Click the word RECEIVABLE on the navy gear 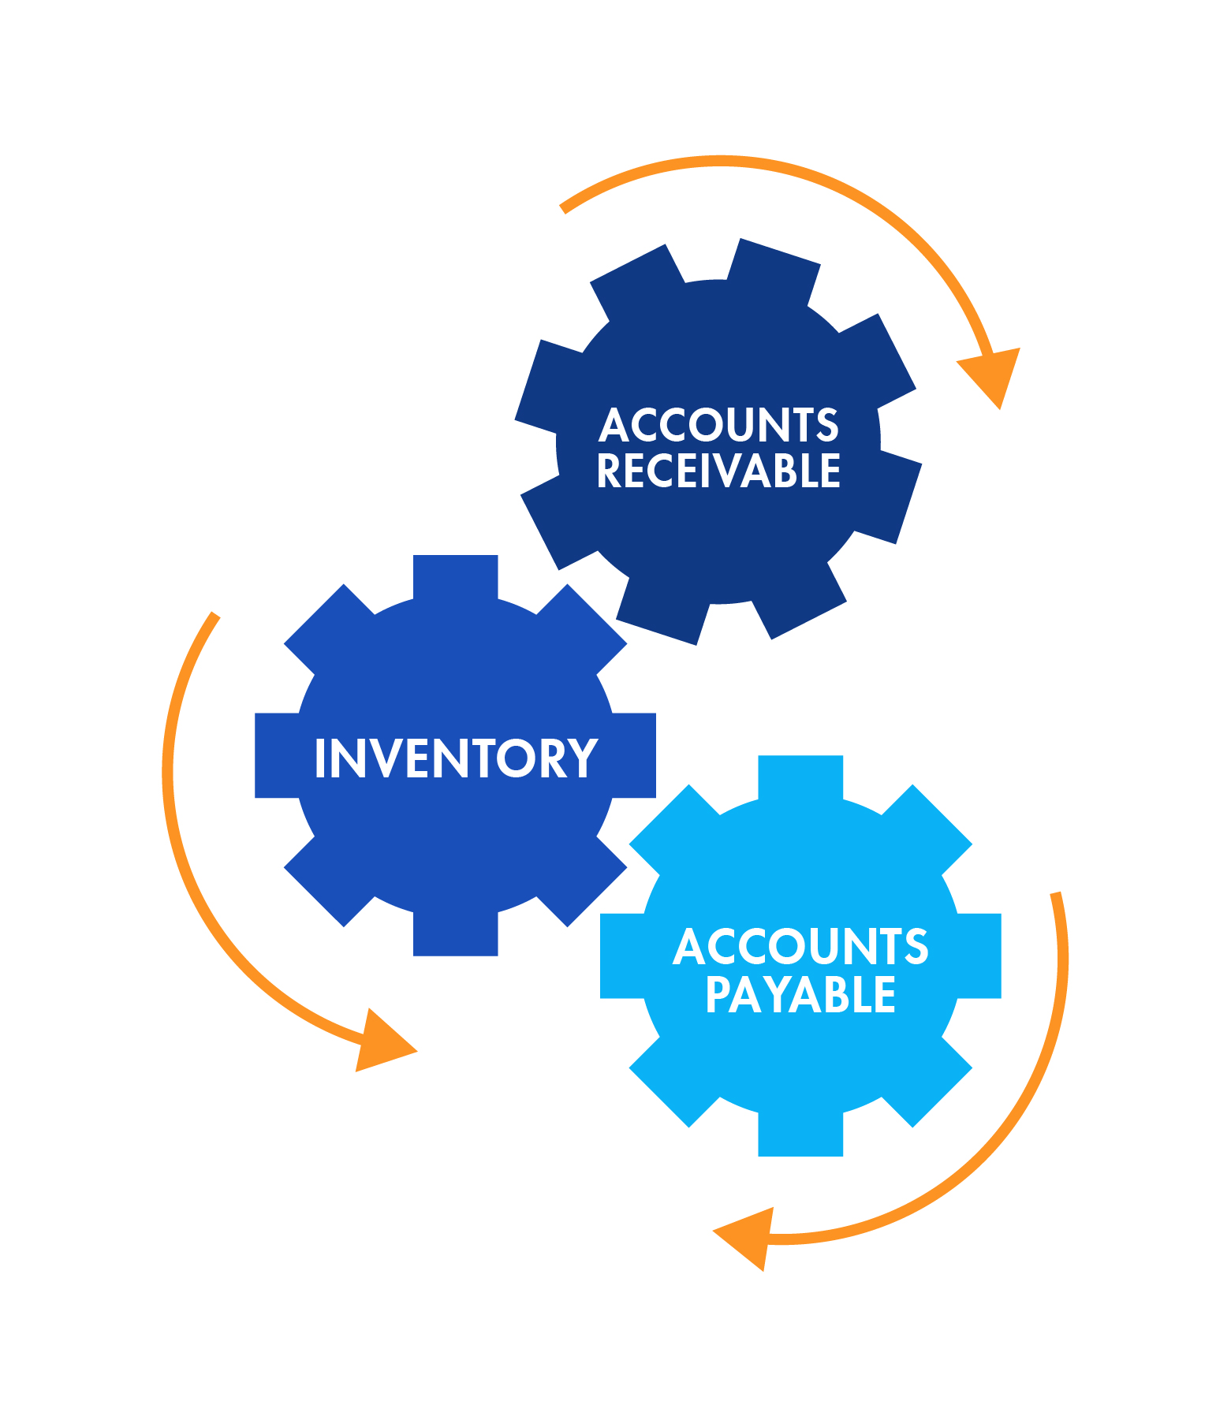click(x=718, y=471)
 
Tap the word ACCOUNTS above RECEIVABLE click(x=718, y=424)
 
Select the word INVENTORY click(x=456, y=758)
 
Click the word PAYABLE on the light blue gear click(x=800, y=994)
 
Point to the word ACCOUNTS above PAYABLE click(x=800, y=945)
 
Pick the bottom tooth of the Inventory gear click(x=456, y=933)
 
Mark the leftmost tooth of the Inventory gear click(x=277, y=755)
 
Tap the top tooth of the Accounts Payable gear click(x=800, y=777)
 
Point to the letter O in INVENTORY click(x=517, y=758)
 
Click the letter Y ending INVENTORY click(x=584, y=758)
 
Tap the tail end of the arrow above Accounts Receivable click(x=563, y=209)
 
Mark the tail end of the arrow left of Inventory click(x=214, y=615)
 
